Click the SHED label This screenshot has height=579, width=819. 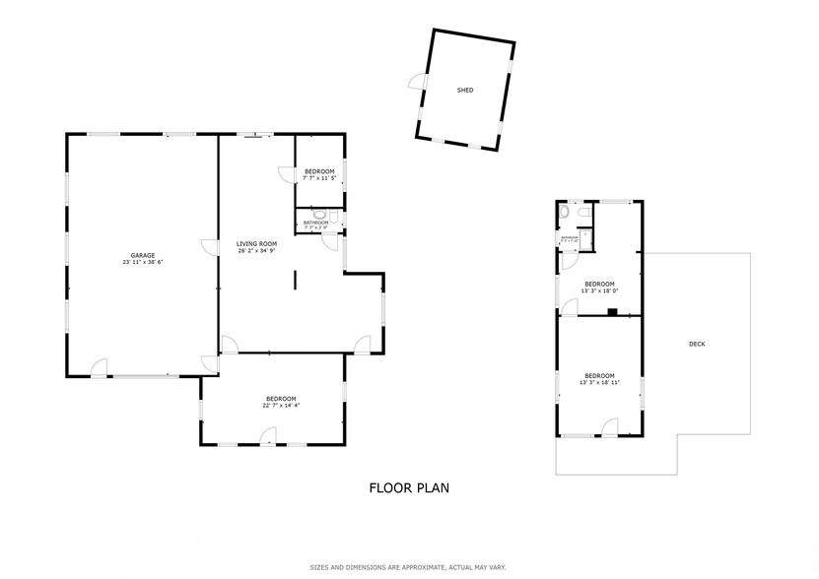[x=465, y=90]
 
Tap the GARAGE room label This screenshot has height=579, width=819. [x=143, y=255]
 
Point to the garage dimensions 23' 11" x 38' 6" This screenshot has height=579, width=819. [x=143, y=263]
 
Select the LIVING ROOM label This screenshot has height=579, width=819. [x=256, y=243]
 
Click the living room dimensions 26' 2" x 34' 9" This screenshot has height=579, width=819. [x=256, y=251]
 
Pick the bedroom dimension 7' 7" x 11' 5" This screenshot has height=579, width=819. [x=319, y=178]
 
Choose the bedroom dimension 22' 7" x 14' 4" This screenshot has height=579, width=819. [x=281, y=406]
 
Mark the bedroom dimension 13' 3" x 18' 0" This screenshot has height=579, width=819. [x=599, y=290]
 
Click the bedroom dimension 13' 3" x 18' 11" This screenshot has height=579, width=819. [x=599, y=383]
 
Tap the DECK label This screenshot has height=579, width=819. [x=697, y=344]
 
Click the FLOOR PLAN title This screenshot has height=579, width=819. [x=410, y=486]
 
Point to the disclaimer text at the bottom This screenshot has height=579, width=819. [x=409, y=566]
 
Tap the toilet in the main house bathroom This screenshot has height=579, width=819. [x=318, y=212]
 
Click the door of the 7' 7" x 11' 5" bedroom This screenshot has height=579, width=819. [x=287, y=174]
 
